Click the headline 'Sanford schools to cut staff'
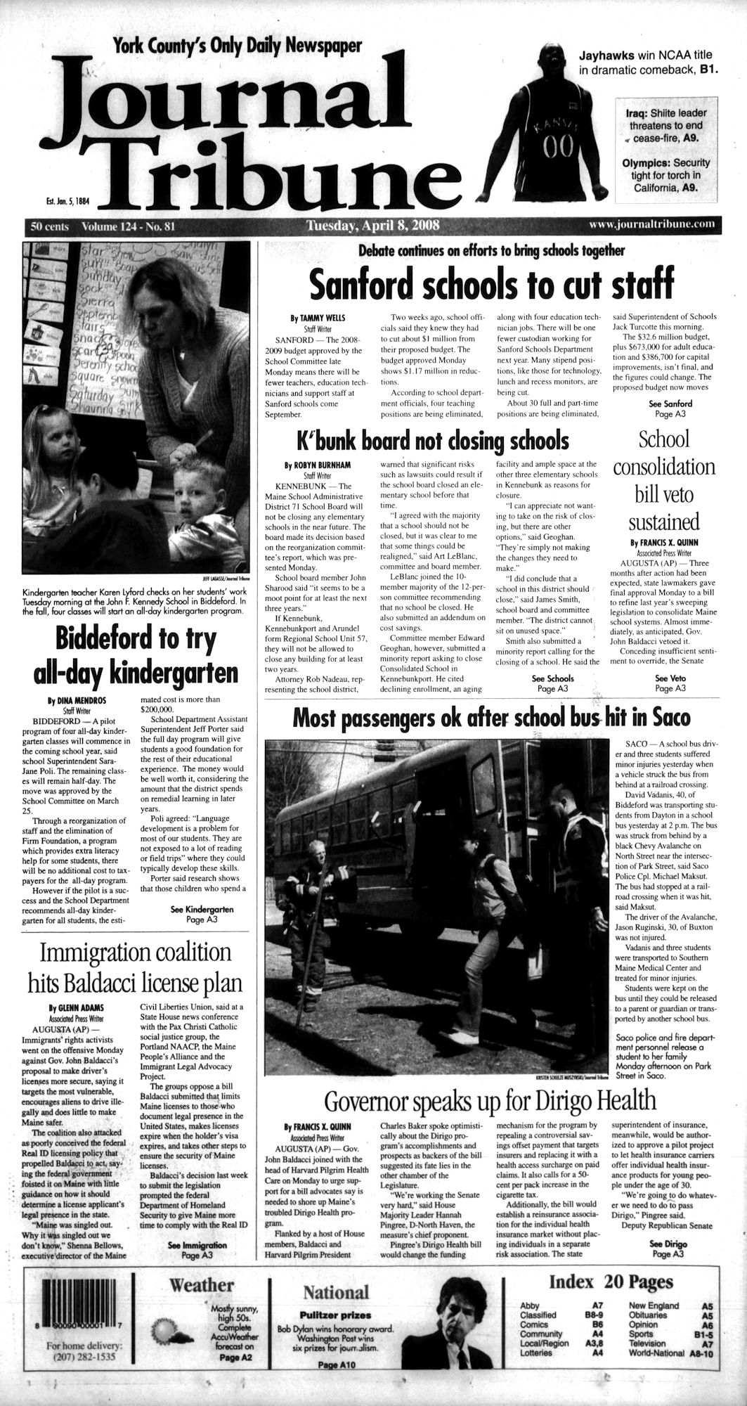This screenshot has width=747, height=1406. (491, 283)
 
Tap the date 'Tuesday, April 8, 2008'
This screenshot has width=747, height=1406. (372, 226)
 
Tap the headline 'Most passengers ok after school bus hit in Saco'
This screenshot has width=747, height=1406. (491, 718)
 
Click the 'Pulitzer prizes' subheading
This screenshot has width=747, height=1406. (335, 1295)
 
